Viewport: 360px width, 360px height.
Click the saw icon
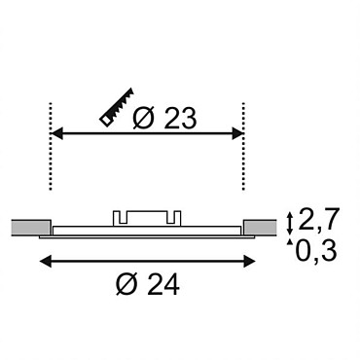click(118, 107)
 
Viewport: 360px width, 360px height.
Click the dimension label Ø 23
click(164, 119)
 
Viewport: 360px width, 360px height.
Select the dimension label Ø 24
click(148, 284)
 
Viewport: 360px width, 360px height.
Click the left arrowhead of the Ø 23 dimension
click(57, 133)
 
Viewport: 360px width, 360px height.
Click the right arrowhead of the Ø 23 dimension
click(237, 133)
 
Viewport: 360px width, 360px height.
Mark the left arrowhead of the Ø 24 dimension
click(45, 261)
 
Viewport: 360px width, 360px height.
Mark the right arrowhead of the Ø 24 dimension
click(249, 261)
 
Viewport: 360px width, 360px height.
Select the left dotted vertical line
click(51, 146)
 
